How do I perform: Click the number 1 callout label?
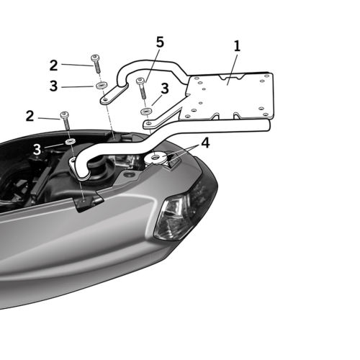(x=237, y=47)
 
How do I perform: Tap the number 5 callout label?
(x=159, y=42)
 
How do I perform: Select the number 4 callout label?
(x=205, y=143)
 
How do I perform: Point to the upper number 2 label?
(x=53, y=65)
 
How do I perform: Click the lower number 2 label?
(x=30, y=115)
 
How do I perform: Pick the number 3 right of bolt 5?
(x=164, y=89)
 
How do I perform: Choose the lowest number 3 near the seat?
(x=36, y=149)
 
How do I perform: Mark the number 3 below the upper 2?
(x=53, y=87)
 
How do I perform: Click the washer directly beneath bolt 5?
(x=145, y=112)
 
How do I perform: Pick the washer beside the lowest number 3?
(x=71, y=143)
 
